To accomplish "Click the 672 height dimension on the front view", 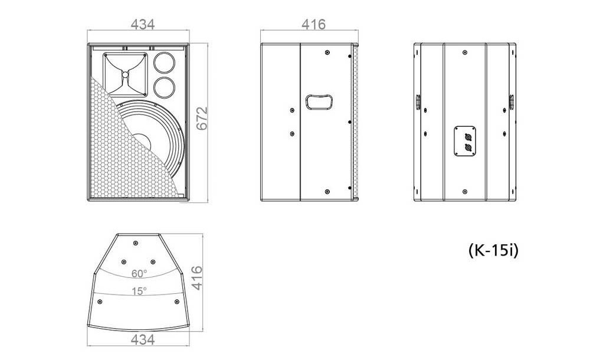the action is click(202, 118).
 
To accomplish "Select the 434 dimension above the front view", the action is click(143, 24).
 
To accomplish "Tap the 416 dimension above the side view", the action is click(313, 24).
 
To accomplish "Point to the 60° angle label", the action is click(139, 274).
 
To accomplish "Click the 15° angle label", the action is click(139, 291).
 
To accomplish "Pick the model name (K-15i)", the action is click(493, 250).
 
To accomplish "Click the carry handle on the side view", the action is click(319, 102).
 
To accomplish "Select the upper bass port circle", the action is click(164, 62).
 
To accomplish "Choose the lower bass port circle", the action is click(164, 87).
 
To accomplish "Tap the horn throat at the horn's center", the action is click(125, 74).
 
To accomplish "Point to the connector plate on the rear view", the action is click(464, 140).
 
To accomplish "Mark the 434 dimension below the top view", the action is click(143, 339).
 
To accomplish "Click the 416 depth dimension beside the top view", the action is click(197, 278).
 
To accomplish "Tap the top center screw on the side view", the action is click(327, 52).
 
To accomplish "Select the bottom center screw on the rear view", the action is click(465, 192).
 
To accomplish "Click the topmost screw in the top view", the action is click(136, 243).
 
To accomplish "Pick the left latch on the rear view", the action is click(418, 102).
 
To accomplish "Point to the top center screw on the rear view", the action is click(465, 52).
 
